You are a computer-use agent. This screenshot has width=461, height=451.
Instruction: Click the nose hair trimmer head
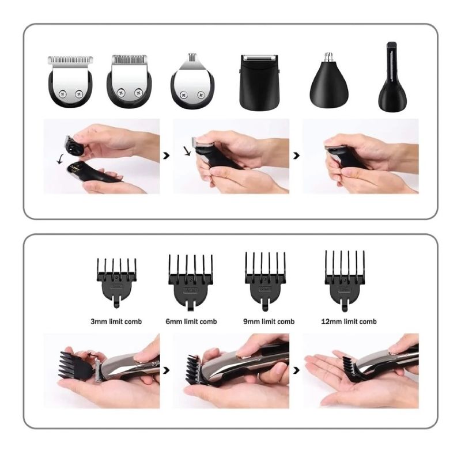pos(329,81)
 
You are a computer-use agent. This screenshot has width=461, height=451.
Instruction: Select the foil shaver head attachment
pos(259,81)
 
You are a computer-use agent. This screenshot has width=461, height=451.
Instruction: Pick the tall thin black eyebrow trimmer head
pos(392,77)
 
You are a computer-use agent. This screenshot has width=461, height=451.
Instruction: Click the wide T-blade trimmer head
pos(70,81)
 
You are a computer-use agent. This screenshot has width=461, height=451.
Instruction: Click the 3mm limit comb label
pos(116,321)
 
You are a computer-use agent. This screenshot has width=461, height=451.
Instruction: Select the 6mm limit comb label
pos(191,321)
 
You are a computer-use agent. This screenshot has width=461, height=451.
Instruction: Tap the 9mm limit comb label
pos(269,321)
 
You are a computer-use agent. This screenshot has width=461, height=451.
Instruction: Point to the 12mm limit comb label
pos(349,321)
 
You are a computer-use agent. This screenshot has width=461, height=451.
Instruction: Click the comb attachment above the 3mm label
pos(116,283)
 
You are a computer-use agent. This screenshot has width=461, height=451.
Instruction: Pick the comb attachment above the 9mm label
pos(265,281)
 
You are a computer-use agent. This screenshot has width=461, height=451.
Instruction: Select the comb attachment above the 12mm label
pos(345,281)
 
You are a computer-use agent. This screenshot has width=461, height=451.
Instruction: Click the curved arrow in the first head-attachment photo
pos(61,160)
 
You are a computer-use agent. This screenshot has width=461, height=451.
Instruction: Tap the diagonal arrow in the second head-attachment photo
pos(187,151)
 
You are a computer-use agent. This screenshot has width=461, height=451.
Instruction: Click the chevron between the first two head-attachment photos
pos(167,156)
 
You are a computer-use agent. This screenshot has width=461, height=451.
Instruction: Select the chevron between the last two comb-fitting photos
pos(296,370)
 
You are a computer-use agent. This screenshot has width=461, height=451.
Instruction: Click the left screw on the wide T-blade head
pos(62,94)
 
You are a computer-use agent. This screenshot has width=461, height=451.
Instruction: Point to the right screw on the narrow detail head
pos(201,95)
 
